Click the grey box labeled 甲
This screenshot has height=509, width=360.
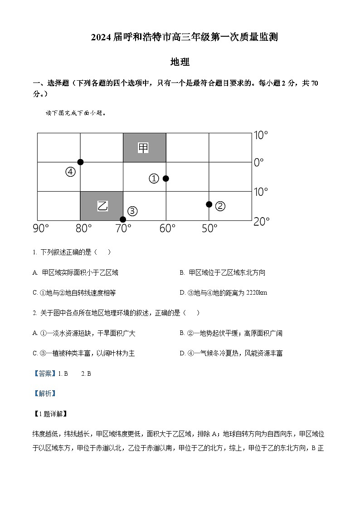(x=144, y=147)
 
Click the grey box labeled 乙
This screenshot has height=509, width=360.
(x=102, y=206)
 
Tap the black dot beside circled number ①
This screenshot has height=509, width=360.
(x=166, y=179)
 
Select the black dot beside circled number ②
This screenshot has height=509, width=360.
(x=209, y=204)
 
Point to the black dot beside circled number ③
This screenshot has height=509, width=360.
(x=123, y=219)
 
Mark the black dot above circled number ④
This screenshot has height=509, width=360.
(x=80, y=162)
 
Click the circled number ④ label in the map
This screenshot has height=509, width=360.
(x=70, y=172)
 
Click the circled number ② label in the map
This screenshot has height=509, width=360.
(x=220, y=206)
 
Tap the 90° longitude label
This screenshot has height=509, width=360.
(x=41, y=228)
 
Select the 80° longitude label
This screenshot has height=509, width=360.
(x=83, y=228)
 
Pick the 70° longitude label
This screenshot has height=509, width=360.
(x=123, y=228)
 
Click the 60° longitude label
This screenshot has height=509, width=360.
(x=167, y=228)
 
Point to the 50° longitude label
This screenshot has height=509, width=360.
(x=209, y=228)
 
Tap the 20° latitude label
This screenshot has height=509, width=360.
(x=262, y=221)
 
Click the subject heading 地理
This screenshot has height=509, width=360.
(x=180, y=62)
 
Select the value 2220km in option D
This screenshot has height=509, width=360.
(x=256, y=293)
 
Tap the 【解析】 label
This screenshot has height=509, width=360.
(x=44, y=393)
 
